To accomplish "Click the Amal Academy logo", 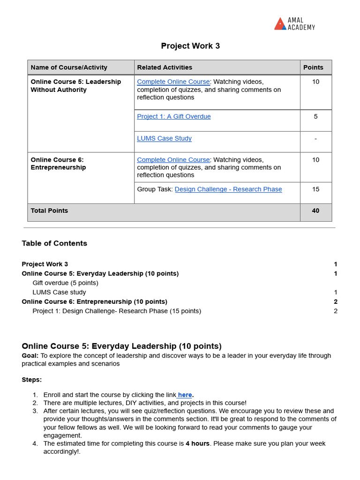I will [294, 24].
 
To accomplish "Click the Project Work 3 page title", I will [190, 46].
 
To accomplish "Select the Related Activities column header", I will [165, 67].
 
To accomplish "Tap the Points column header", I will [313, 67].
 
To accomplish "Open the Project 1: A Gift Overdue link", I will [174, 117].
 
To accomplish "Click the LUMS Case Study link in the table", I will [164, 138].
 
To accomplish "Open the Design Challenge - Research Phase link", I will [228, 189].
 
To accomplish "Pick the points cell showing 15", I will [315, 189].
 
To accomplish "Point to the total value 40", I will [315, 211].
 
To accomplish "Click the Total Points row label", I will [49, 211].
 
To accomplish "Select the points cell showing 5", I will [315, 117].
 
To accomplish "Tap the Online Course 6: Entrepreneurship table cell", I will [58, 164].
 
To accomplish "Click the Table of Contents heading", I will [54, 243].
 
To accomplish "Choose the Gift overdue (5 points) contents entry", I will [65, 283].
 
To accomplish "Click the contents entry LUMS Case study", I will [59, 292].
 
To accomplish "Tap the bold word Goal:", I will [30, 356].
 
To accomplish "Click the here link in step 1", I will [185, 395].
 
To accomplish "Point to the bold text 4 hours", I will [197, 443].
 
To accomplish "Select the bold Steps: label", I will [31, 380].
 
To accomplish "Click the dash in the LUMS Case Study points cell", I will [315, 139].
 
